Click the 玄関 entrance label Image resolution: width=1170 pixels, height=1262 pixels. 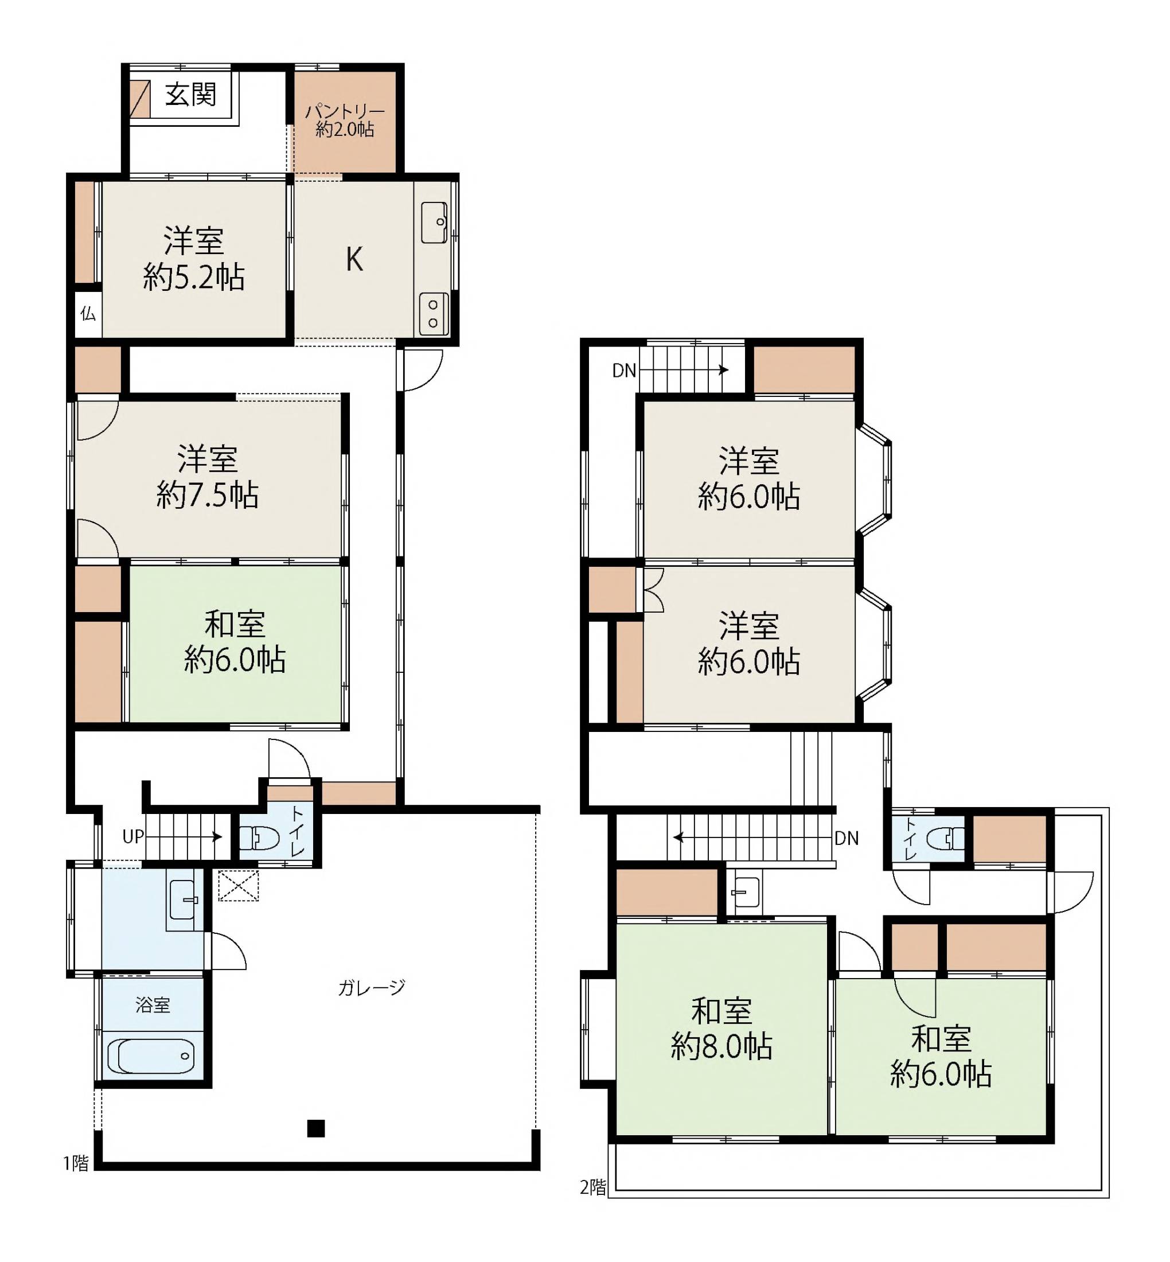point(190,95)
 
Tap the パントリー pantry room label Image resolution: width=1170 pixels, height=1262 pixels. point(345,111)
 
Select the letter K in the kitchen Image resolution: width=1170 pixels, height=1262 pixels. point(354,259)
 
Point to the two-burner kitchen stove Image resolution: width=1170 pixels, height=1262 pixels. point(434,314)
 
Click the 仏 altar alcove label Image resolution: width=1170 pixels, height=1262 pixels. point(88,313)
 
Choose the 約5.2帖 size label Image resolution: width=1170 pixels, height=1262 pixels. point(194,277)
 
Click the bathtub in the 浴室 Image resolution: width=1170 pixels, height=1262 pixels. point(151,1056)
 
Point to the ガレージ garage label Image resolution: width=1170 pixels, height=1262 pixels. point(372,987)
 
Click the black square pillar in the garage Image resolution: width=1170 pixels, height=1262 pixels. point(316,1128)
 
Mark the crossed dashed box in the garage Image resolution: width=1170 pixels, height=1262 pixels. point(239,886)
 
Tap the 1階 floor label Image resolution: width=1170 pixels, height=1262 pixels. point(76,1163)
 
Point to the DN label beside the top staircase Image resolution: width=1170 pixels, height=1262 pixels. point(624,371)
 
